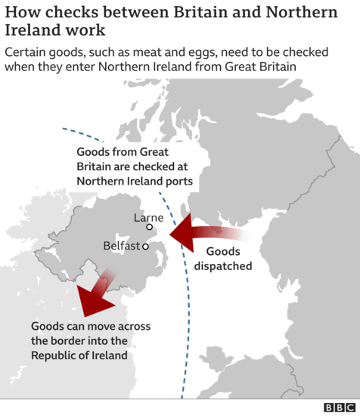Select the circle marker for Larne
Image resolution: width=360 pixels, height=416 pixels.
150,226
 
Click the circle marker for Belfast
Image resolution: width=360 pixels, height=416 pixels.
144,247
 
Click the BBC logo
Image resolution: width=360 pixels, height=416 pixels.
339,407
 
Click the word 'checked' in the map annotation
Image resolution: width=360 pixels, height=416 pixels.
136,166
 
